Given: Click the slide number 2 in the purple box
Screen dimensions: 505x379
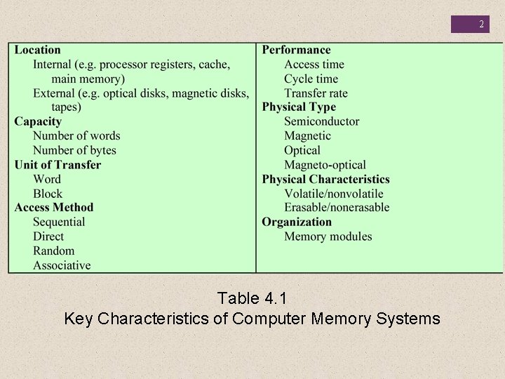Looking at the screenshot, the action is [481, 25].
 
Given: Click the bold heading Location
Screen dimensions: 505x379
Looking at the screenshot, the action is [38, 50].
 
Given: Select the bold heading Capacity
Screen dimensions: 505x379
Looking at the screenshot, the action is [38, 121].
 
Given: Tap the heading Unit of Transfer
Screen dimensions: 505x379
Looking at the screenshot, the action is [58, 165].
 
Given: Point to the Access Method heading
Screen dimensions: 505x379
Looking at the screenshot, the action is [53, 207].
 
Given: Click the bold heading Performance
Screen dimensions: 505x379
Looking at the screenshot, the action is [296, 50].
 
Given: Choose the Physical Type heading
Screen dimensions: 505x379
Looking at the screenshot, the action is [299, 107].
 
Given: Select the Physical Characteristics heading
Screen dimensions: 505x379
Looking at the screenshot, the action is [325, 179].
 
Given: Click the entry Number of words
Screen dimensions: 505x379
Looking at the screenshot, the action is [76, 136].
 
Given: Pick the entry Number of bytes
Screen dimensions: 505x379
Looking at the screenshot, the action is [74, 150].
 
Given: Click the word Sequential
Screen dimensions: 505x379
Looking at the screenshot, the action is [59, 222].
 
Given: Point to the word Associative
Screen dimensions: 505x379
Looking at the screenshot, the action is [62, 265].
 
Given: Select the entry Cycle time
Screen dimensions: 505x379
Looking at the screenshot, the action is [311, 79].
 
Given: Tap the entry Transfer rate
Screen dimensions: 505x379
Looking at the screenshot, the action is [316, 93].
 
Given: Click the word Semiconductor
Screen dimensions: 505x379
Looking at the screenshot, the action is [321, 121].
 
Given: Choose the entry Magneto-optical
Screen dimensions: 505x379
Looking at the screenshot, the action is [325, 165].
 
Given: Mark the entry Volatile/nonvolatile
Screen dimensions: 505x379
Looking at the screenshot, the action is [334, 194].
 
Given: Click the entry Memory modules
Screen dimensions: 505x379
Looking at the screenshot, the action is [328, 237].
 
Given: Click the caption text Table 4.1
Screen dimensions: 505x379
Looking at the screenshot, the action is [252, 298].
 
